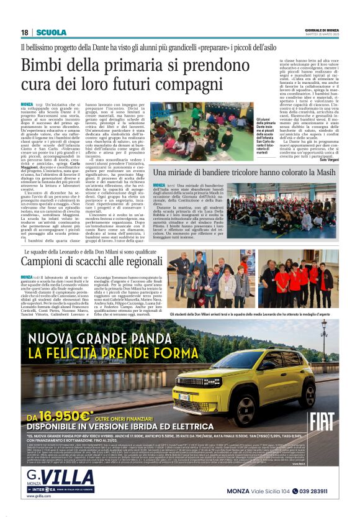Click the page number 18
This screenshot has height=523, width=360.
pos(24,32)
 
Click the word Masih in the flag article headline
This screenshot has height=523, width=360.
pos(322,171)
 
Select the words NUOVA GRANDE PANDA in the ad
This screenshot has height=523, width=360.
pos(102,340)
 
